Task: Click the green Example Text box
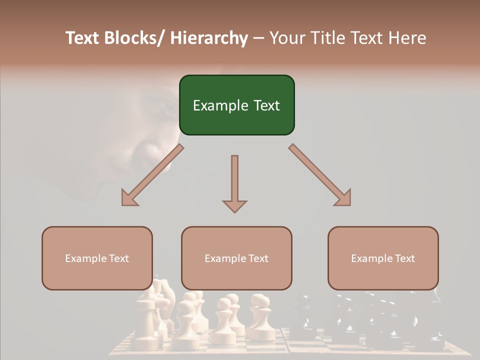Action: coord(236,105)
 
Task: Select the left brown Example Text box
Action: coord(97,258)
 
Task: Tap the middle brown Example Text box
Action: coord(236,258)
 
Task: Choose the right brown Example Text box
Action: coord(383,258)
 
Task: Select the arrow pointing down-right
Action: coord(320,175)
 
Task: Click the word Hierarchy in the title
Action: coord(208,38)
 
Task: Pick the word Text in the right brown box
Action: coord(404,258)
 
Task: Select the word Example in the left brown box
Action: coord(85,258)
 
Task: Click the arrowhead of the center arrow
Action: coord(234,205)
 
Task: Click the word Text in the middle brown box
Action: coord(258,258)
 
